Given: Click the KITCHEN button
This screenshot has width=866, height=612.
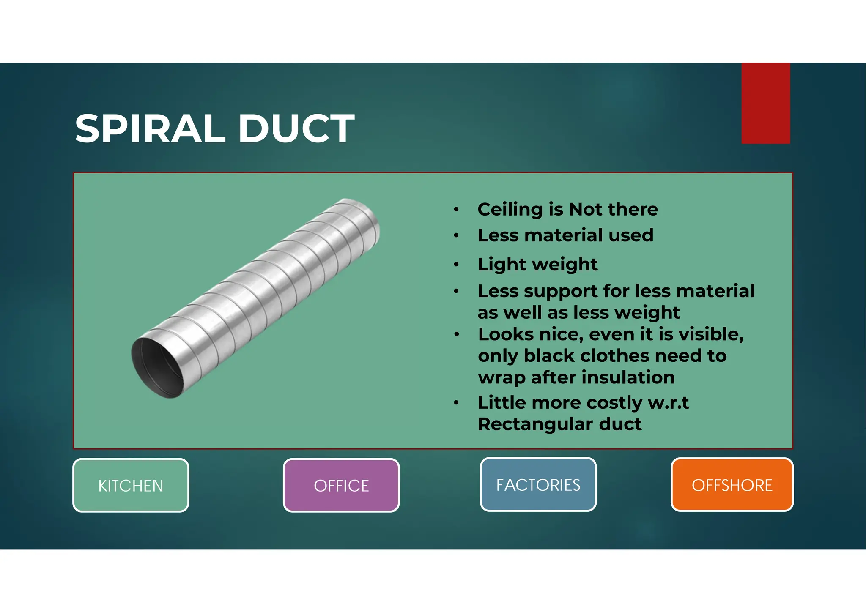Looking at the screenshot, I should point(131,485).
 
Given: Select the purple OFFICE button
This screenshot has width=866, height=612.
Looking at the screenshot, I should point(341,485).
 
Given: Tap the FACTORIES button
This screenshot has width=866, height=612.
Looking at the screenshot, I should point(538,484).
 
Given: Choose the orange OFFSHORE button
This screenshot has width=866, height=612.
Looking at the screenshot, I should point(732,484).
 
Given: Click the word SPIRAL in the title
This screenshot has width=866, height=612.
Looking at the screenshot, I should point(151,128).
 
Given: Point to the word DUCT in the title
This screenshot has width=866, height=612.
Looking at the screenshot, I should point(296,128).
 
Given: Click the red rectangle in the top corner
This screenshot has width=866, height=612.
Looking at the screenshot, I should point(765,103).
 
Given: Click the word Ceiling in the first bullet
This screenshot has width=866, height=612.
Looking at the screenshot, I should point(510,209).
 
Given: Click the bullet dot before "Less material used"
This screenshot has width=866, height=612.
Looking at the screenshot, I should point(456,235).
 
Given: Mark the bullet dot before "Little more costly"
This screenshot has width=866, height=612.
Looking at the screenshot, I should point(456,403).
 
